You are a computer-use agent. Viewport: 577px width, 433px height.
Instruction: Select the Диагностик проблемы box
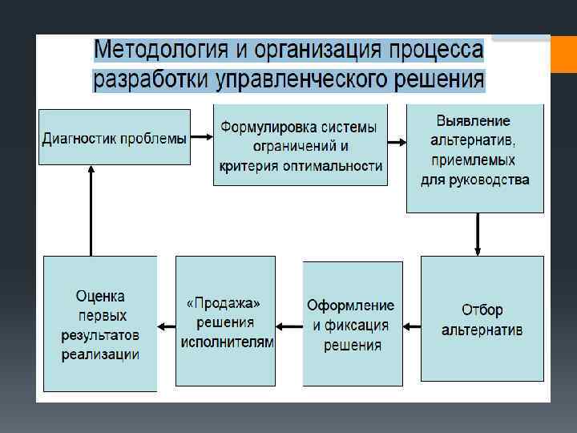pyautogui.click(x=115, y=137)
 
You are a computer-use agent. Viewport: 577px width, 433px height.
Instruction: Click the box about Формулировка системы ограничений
pyautogui.click(x=301, y=145)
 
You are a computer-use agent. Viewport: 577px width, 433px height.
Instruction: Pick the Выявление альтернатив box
pyautogui.click(x=475, y=158)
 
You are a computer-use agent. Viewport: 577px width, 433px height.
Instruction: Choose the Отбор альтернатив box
pyautogui.click(x=482, y=319)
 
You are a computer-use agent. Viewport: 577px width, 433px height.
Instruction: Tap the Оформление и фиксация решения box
pyautogui.click(x=353, y=324)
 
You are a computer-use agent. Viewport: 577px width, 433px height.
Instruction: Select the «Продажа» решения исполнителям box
pyautogui.click(x=225, y=322)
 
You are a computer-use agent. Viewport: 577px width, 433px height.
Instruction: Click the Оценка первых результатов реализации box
pyautogui.click(x=100, y=324)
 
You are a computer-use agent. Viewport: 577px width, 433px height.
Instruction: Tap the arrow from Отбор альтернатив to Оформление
pyautogui.click(x=412, y=326)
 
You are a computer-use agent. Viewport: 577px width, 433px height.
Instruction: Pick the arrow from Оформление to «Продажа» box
pyautogui.click(x=288, y=326)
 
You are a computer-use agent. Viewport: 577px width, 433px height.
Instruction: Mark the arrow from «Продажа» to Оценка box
pyautogui.click(x=166, y=326)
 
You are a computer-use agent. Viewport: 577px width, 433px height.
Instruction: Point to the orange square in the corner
pyautogui.click(x=563, y=54)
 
